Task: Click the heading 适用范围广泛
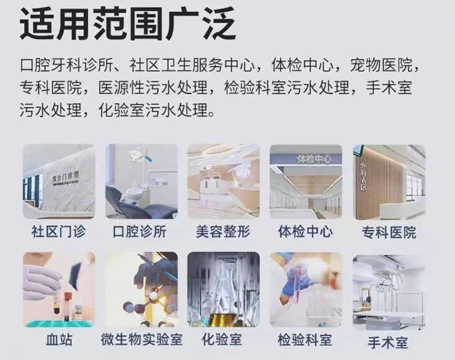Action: click(127, 24)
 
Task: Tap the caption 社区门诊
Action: click(58, 232)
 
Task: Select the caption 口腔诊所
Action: click(140, 232)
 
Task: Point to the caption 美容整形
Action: click(223, 232)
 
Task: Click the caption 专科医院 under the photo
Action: click(389, 232)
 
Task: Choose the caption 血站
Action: click(59, 340)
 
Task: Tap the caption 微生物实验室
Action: click(142, 340)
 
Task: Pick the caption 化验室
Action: click(222, 340)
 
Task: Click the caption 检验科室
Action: click(305, 340)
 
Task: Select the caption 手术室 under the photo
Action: click(388, 343)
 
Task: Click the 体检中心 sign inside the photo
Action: click(314, 159)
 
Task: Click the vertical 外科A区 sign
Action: click(363, 176)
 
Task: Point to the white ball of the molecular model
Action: click(153, 296)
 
